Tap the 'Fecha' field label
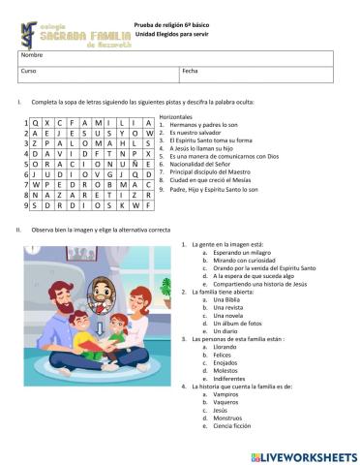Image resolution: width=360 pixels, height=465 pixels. point(190,71)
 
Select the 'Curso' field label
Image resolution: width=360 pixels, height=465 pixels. point(28,71)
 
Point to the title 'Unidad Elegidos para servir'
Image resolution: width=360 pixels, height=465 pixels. point(171,33)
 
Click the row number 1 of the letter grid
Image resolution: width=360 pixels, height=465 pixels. point(21,124)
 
